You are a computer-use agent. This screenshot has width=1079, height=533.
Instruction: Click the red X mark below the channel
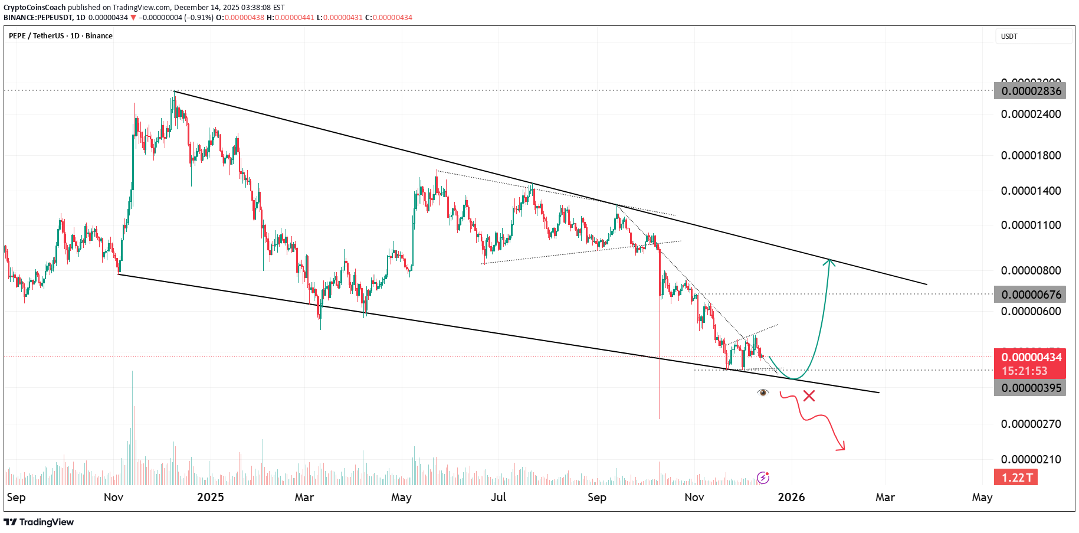809,396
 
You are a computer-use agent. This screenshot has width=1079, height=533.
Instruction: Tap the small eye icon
763,393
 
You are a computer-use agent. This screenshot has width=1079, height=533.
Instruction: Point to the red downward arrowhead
841,447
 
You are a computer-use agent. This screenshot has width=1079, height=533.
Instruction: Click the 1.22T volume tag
1016,478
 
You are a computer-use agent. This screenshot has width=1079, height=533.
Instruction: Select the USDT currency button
1033,37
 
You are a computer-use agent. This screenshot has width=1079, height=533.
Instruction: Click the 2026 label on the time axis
791,497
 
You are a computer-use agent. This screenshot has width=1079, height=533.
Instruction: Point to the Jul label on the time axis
498,497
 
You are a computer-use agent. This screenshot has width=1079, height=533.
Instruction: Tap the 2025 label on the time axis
211,497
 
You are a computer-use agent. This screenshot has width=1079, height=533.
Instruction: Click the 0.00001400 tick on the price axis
1031,191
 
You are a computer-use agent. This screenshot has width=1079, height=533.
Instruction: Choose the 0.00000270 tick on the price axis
1031,424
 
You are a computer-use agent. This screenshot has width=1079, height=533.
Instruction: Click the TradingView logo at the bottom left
39,522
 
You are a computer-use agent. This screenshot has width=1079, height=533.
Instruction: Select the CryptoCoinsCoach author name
35,8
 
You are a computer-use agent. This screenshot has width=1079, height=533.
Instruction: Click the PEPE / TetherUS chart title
60,36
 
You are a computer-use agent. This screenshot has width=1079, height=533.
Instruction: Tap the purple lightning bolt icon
763,478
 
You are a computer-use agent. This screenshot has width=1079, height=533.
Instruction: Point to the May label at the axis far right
982,497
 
